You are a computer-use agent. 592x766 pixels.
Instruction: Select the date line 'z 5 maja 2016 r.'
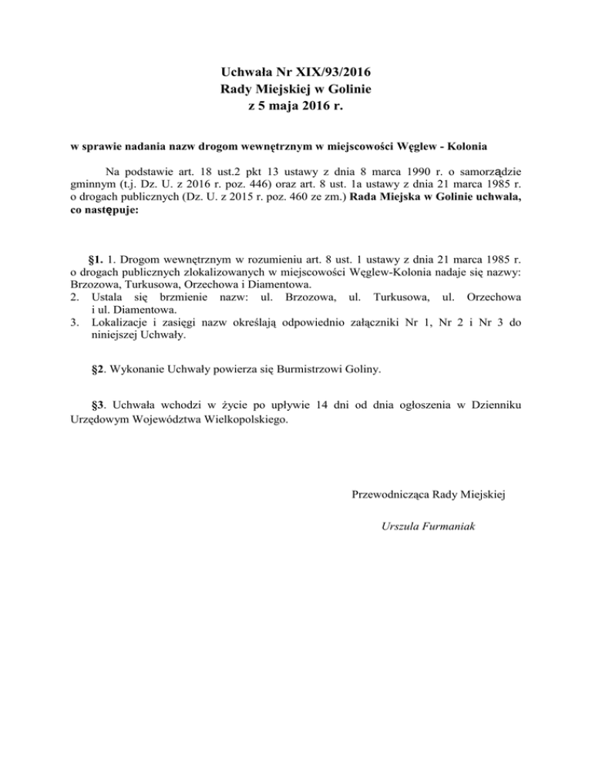tap(295, 107)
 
